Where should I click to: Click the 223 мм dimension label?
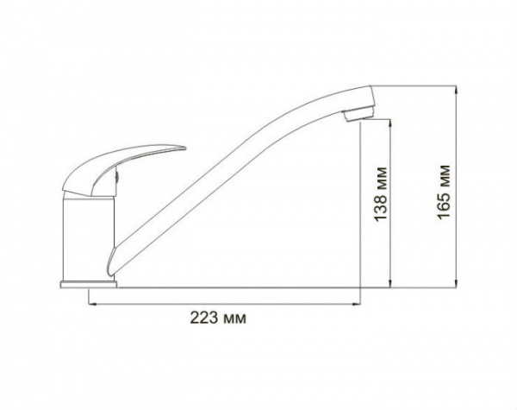click(x=218, y=319)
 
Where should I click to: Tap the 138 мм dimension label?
click(x=380, y=194)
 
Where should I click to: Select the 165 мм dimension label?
click(x=444, y=192)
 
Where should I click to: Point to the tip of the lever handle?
click(x=185, y=148)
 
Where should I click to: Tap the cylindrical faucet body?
click(x=89, y=238)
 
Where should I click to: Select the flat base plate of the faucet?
click(x=89, y=285)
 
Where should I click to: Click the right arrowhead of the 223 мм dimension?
click(x=357, y=303)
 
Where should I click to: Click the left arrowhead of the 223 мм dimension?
click(x=93, y=303)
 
